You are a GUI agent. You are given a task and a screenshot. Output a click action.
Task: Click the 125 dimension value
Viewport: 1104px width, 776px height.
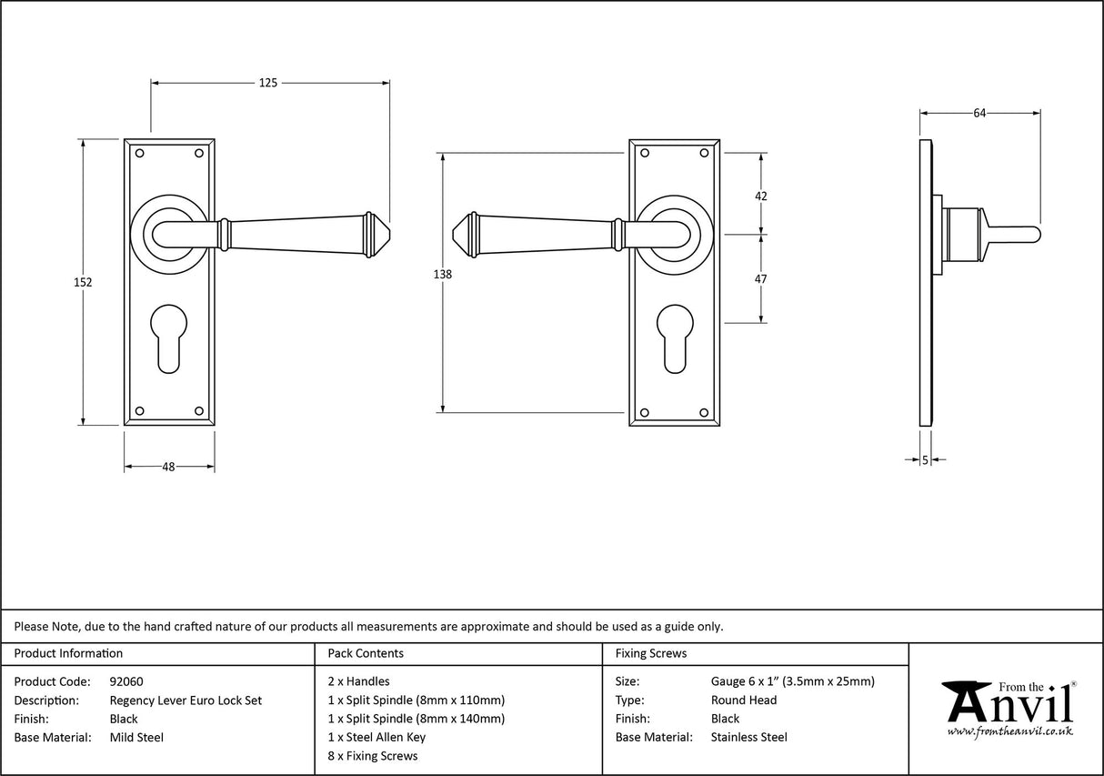pyautogui.click(x=268, y=83)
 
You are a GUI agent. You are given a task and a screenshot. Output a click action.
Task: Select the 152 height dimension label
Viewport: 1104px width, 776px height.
pyautogui.click(x=83, y=282)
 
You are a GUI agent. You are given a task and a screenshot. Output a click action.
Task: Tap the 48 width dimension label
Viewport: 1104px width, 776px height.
pyautogui.click(x=168, y=467)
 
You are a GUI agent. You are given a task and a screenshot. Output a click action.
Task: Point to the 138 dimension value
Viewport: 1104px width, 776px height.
pyautogui.click(x=442, y=274)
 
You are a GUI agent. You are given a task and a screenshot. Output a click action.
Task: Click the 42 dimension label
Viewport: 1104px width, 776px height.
pyautogui.click(x=761, y=196)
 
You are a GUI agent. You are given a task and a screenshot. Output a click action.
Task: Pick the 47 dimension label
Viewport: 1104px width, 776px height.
pyautogui.click(x=761, y=278)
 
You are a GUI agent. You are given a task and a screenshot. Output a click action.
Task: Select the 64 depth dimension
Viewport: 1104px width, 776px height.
pyautogui.click(x=979, y=113)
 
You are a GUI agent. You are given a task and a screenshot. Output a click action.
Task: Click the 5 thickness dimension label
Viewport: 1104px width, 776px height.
pyautogui.click(x=926, y=460)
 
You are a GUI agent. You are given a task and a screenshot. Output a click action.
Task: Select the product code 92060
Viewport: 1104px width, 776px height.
pyautogui.click(x=126, y=681)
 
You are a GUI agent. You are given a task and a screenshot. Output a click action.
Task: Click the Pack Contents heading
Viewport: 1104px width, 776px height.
pyautogui.click(x=365, y=653)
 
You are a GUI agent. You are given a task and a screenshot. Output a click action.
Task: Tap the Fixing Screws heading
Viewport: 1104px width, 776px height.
pyautogui.click(x=651, y=653)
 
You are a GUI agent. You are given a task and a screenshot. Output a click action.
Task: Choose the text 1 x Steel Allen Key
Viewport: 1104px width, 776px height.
pyautogui.click(x=376, y=738)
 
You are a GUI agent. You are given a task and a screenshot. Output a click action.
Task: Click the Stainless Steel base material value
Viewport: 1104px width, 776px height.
pyautogui.click(x=749, y=738)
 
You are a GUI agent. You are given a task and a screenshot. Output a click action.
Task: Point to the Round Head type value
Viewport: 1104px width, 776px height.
pyautogui.click(x=744, y=700)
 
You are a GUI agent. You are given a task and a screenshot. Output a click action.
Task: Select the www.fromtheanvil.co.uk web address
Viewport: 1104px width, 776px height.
pyautogui.click(x=1009, y=731)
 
